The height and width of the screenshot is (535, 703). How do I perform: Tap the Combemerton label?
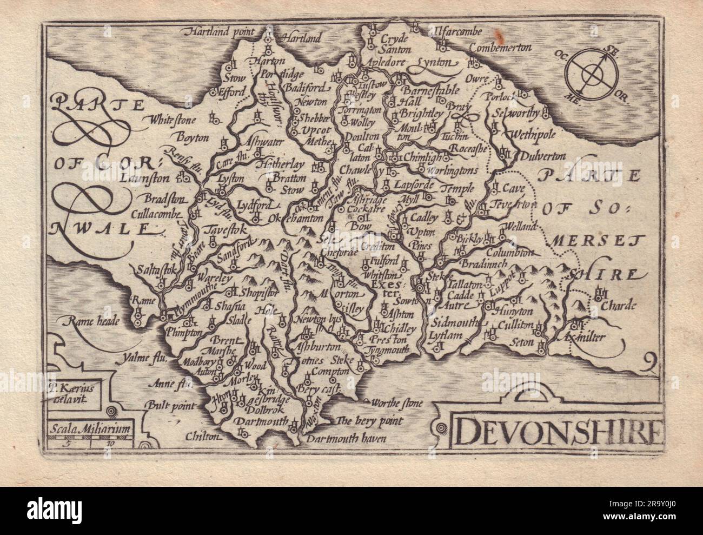[501, 48]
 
